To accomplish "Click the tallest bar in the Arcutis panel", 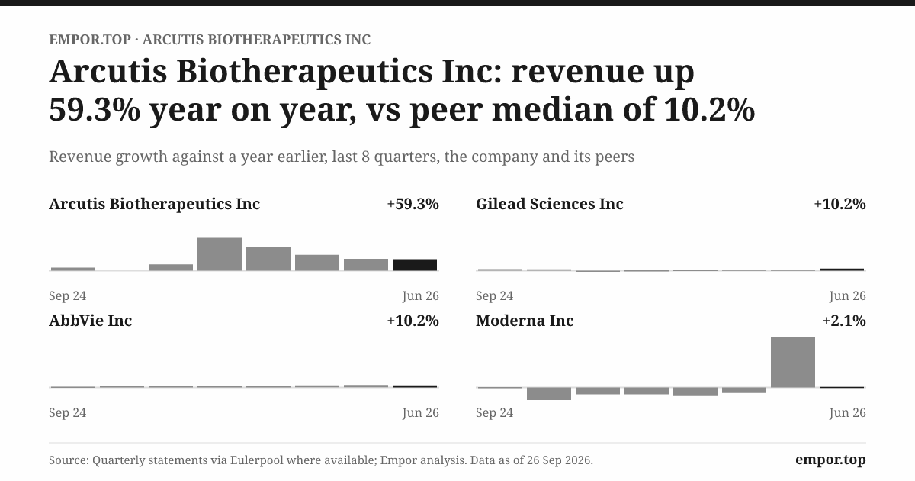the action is [220, 254].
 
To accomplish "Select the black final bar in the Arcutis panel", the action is [415, 265].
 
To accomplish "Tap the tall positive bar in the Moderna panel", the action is [793, 362].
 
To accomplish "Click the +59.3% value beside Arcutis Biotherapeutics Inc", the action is [413, 204].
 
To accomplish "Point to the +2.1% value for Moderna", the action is [844, 321].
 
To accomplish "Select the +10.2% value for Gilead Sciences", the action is [840, 204].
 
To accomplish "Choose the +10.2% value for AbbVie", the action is [413, 321].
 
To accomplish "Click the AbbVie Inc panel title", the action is [90, 321].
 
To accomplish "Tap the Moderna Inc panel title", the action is [525, 321].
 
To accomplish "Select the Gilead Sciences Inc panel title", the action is [550, 204].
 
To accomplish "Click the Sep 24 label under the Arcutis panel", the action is [67, 295].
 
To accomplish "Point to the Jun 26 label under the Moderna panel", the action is [848, 413].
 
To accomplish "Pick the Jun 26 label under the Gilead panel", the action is [848, 295].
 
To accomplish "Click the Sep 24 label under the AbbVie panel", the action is [67, 413].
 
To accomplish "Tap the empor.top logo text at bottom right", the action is [830, 460].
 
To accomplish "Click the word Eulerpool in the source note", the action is [256, 460].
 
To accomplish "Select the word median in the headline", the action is [553, 110].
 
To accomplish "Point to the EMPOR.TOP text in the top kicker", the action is [90, 40].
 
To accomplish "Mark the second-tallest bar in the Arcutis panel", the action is [268, 259].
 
